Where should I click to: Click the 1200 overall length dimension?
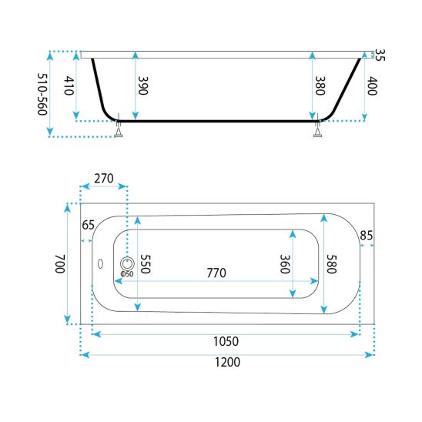[227, 362]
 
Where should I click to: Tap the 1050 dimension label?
[226, 341]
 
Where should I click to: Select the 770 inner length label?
[216, 273]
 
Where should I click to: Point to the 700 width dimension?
[60, 263]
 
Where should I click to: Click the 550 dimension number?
[146, 263]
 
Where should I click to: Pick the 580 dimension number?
[332, 263]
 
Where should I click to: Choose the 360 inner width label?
[285, 263]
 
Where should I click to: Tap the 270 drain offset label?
[104, 179]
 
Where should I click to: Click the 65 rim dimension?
[89, 225]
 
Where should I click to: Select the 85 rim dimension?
[367, 236]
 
